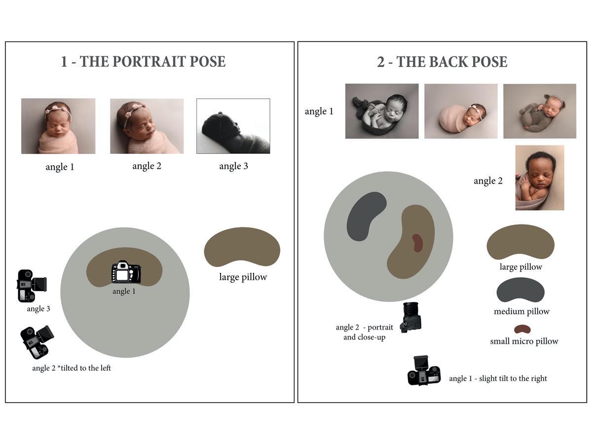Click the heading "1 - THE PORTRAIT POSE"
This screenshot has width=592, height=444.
(x=143, y=62)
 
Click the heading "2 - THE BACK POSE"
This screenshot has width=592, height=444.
(x=442, y=62)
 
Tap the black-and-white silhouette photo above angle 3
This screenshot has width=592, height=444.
(x=233, y=126)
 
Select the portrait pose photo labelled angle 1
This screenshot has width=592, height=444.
(x=58, y=126)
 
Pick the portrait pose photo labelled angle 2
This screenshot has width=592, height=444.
(x=147, y=126)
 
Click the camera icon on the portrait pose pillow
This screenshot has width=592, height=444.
(x=126, y=272)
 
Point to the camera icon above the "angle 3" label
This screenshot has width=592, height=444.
(x=32, y=286)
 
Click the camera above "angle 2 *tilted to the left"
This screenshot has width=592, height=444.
(x=37, y=342)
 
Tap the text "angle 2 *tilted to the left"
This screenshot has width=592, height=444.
(x=72, y=368)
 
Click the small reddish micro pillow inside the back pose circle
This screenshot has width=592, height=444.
(x=417, y=243)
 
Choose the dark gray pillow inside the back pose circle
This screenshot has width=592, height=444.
(x=366, y=216)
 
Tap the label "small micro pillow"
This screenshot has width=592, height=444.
(x=524, y=341)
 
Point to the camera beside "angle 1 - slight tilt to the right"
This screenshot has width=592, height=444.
(x=424, y=370)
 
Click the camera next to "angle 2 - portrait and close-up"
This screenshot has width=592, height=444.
(x=411, y=317)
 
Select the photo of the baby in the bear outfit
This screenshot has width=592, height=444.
(x=540, y=111)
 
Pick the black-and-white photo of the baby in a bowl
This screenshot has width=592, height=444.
(x=382, y=111)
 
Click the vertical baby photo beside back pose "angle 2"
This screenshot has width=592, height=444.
(x=540, y=178)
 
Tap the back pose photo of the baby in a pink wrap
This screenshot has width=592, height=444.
(x=461, y=111)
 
